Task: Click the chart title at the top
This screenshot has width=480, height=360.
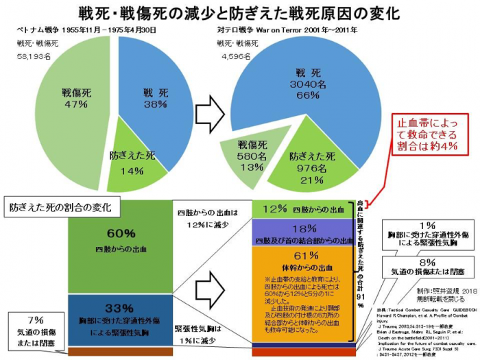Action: point(240,12)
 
